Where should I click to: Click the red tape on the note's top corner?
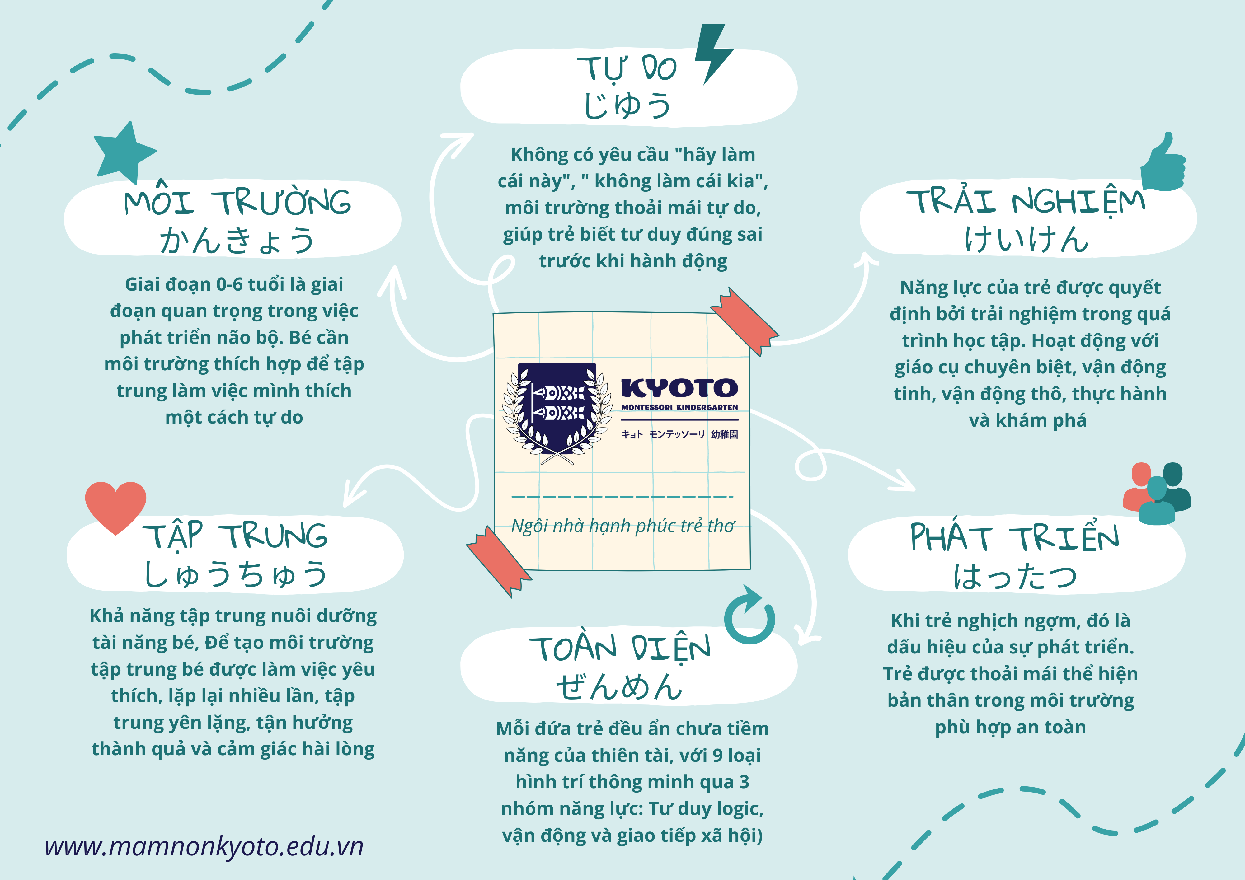pos(745,321)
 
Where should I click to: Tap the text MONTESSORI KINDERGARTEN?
pos(679,407)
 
